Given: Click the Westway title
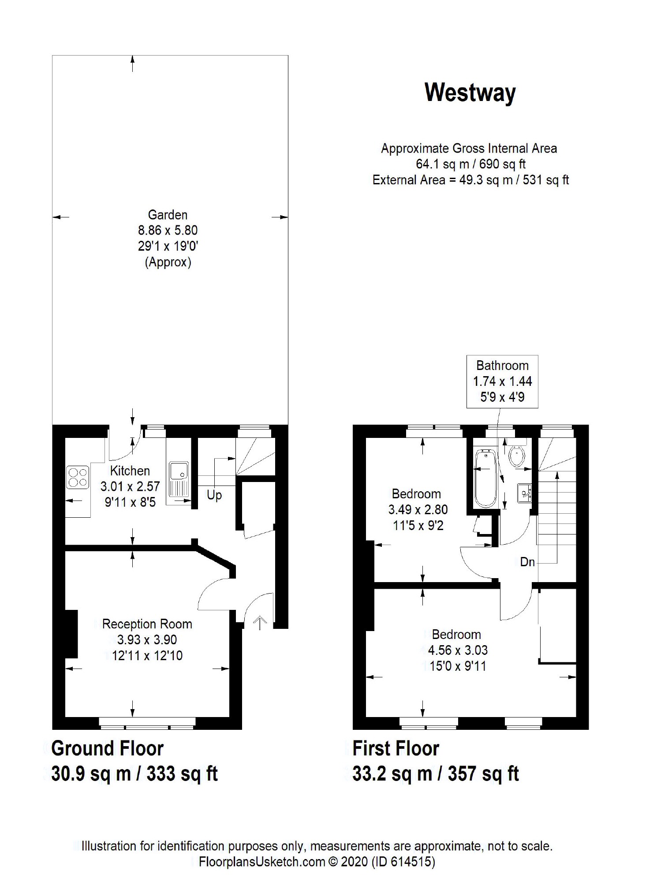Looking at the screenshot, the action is tap(470, 93).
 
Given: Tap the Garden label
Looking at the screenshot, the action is tap(168, 215).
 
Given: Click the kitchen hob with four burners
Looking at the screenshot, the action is tap(78, 478).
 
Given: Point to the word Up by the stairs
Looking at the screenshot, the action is tap(214, 495).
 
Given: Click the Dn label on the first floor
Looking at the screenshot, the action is tap(527, 562).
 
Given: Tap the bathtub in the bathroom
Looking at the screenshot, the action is tap(486, 478).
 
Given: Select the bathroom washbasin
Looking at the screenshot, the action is tap(524, 492).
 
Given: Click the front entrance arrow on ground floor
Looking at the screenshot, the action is tap(261, 623).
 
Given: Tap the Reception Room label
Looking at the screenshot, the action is tap(147, 624).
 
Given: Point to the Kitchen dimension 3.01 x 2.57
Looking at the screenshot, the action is tap(130, 486).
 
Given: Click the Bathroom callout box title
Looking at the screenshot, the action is tap(502, 366).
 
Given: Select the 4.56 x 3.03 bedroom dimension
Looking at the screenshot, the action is tap(458, 650).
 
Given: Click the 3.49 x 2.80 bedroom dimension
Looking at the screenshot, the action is tap(418, 509).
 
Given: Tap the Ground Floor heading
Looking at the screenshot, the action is tap(108, 749).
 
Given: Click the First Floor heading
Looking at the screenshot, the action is tap(396, 749).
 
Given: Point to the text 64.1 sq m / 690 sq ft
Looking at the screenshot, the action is tap(471, 164).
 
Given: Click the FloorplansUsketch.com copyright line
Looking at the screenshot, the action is tap(317, 862).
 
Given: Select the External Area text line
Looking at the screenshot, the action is tap(471, 180).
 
